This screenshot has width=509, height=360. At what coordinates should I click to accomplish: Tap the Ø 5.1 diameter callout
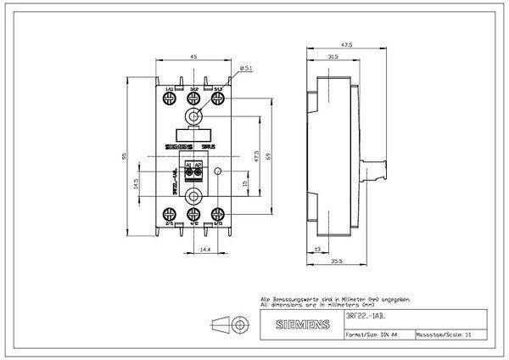pos(245,66)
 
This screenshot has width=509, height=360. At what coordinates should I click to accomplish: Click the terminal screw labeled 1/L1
pos(171,100)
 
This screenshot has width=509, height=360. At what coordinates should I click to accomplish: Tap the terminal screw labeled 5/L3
pos(219,100)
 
